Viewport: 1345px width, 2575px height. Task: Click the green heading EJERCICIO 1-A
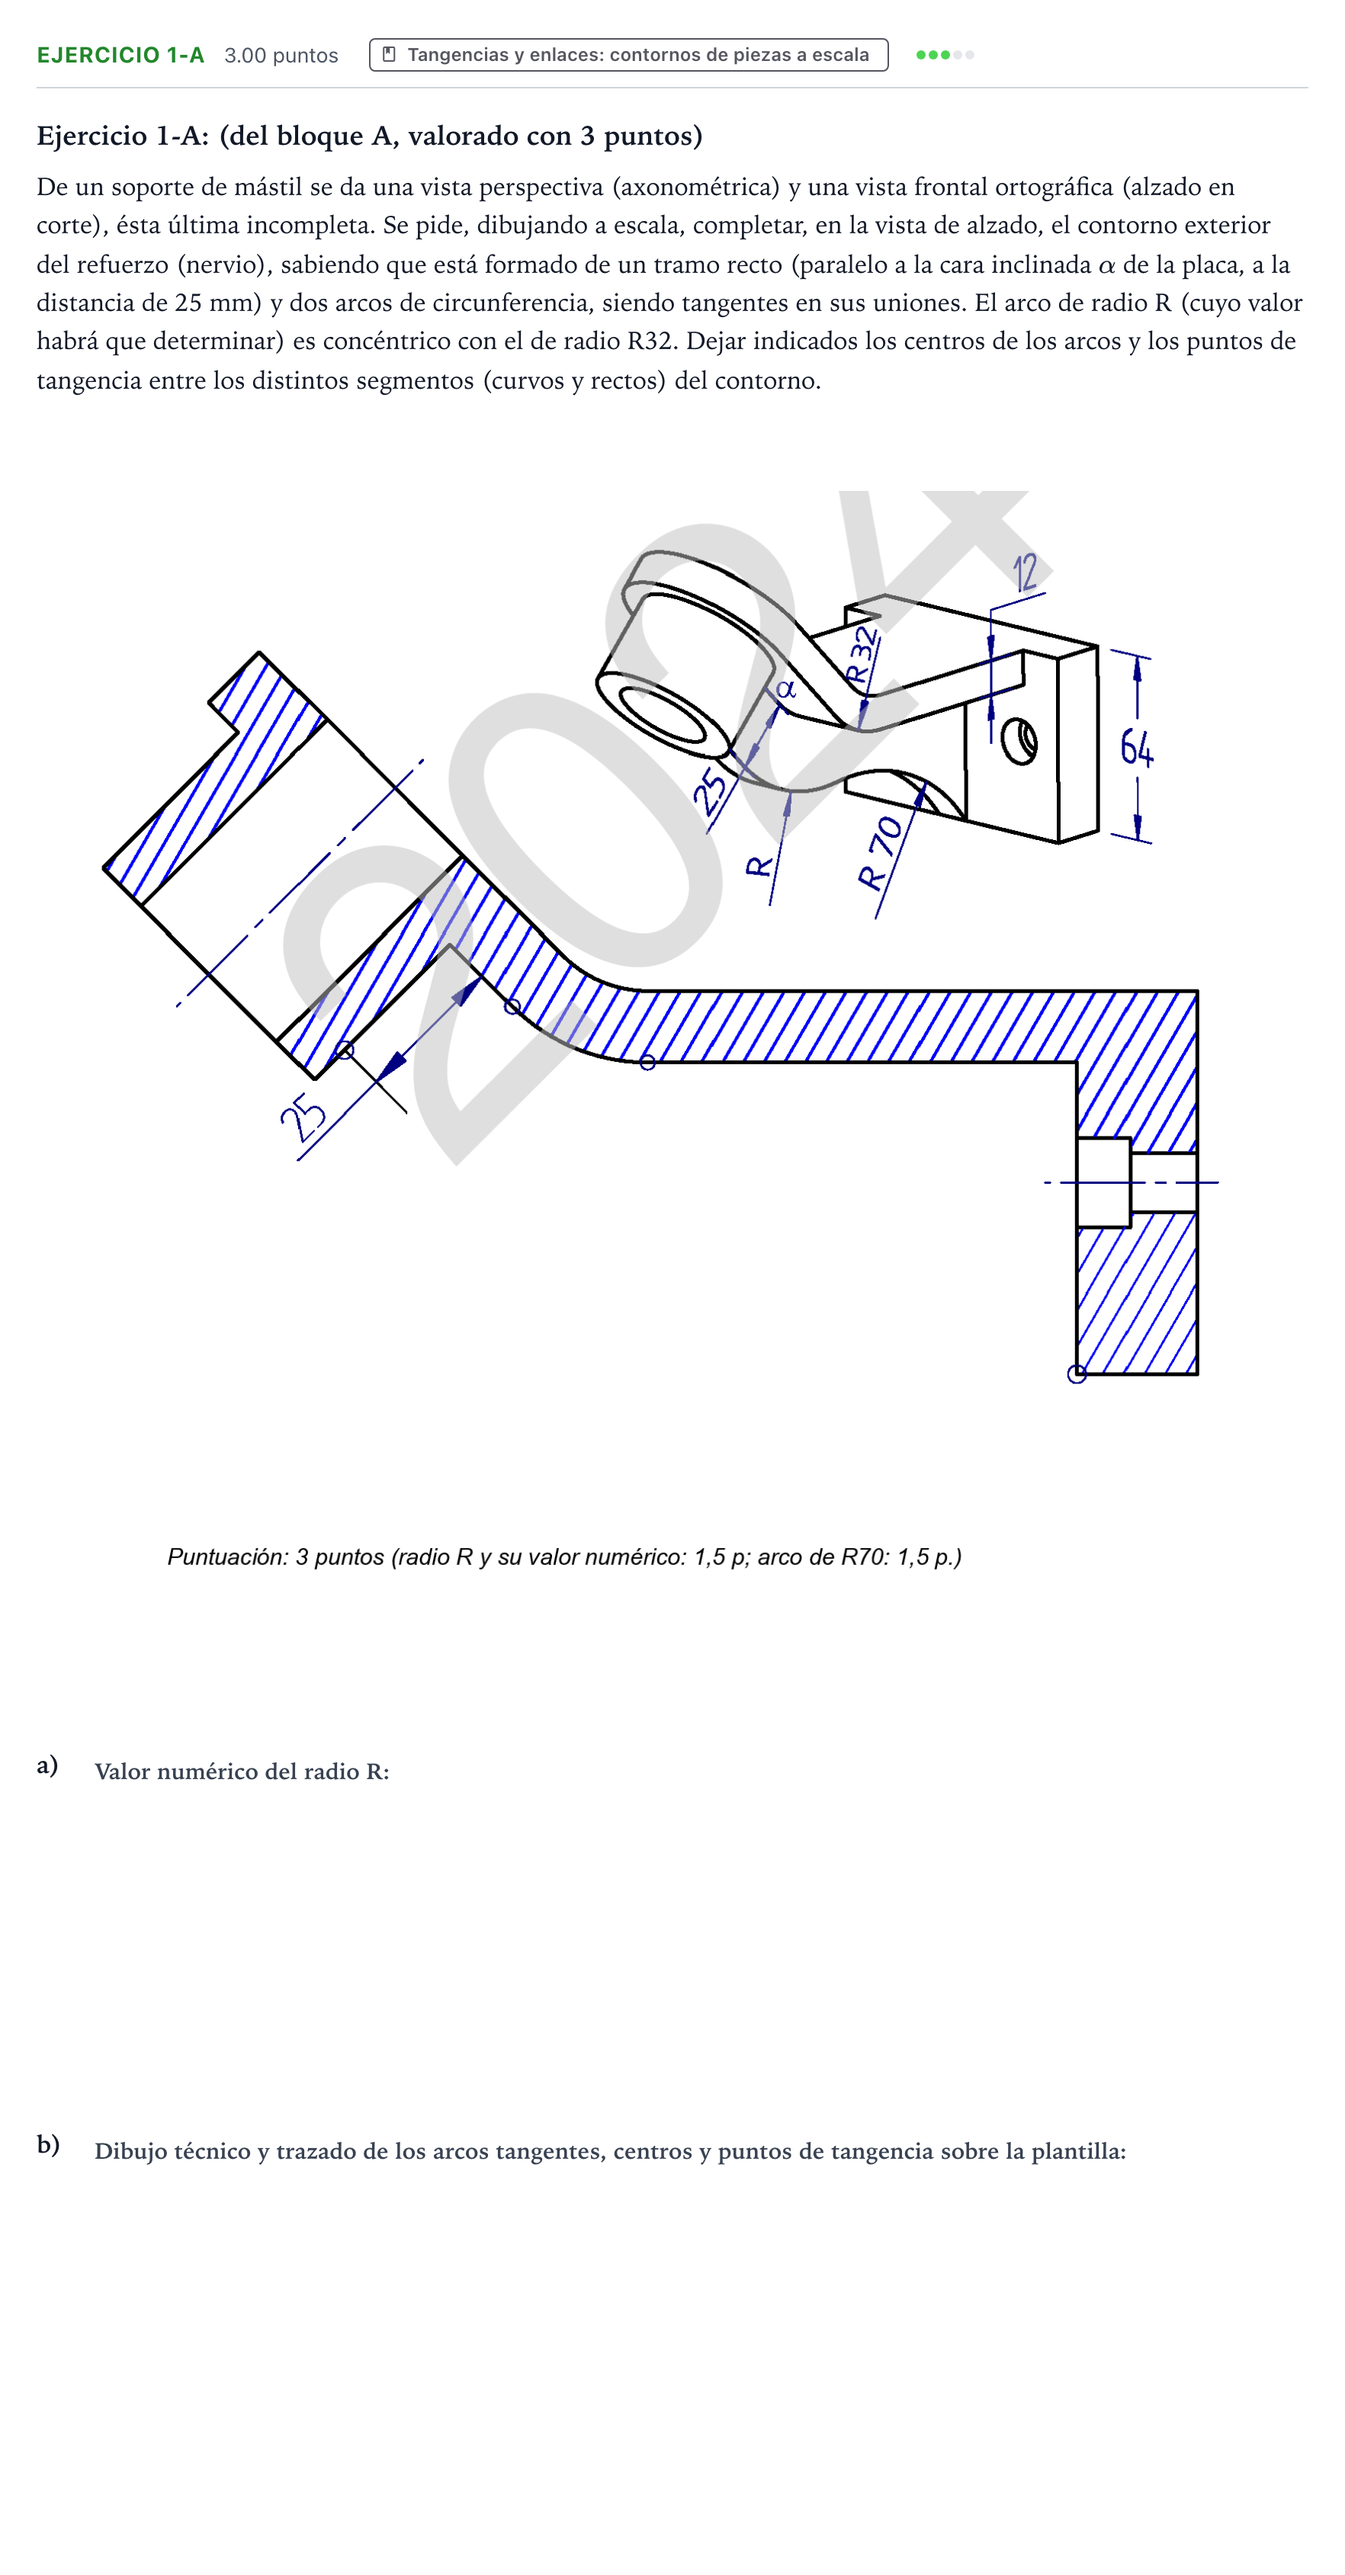[x=120, y=55]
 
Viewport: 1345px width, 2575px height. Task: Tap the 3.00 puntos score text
[x=281, y=55]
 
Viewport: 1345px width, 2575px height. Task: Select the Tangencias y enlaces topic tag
[x=628, y=55]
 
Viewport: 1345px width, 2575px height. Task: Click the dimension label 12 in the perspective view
[x=1025, y=572]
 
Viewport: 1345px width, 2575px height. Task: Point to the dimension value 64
[x=1136, y=747]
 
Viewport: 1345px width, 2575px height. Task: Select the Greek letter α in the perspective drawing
[x=786, y=689]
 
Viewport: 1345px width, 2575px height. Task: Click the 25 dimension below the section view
[x=302, y=1117]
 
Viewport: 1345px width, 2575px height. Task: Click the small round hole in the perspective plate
[x=1019, y=742]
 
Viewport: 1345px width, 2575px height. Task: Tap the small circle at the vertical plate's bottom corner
[x=1077, y=1374]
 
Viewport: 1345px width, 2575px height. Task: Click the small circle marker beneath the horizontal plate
[x=648, y=1063]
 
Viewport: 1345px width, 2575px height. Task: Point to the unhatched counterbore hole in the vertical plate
[x=1104, y=1182]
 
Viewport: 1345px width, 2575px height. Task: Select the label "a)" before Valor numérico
[x=47, y=1765]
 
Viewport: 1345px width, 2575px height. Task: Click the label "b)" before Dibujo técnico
[x=48, y=2145]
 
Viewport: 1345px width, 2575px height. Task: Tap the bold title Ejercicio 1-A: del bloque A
[x=369, y=135]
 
